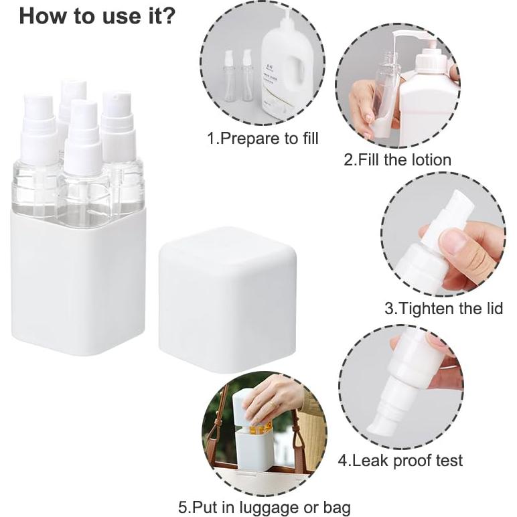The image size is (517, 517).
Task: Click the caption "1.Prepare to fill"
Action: [x=263, y=139]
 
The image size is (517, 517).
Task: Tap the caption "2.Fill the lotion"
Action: [x=397, y=159]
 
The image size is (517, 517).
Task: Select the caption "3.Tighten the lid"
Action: [x=443, y=309]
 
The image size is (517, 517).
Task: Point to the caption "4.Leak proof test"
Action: [x=400, y=460]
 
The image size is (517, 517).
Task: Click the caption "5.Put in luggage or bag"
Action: [x=264, y=507]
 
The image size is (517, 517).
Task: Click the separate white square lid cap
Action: [x=227, y=298]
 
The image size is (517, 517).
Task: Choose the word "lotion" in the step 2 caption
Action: [x=428, y=159]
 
